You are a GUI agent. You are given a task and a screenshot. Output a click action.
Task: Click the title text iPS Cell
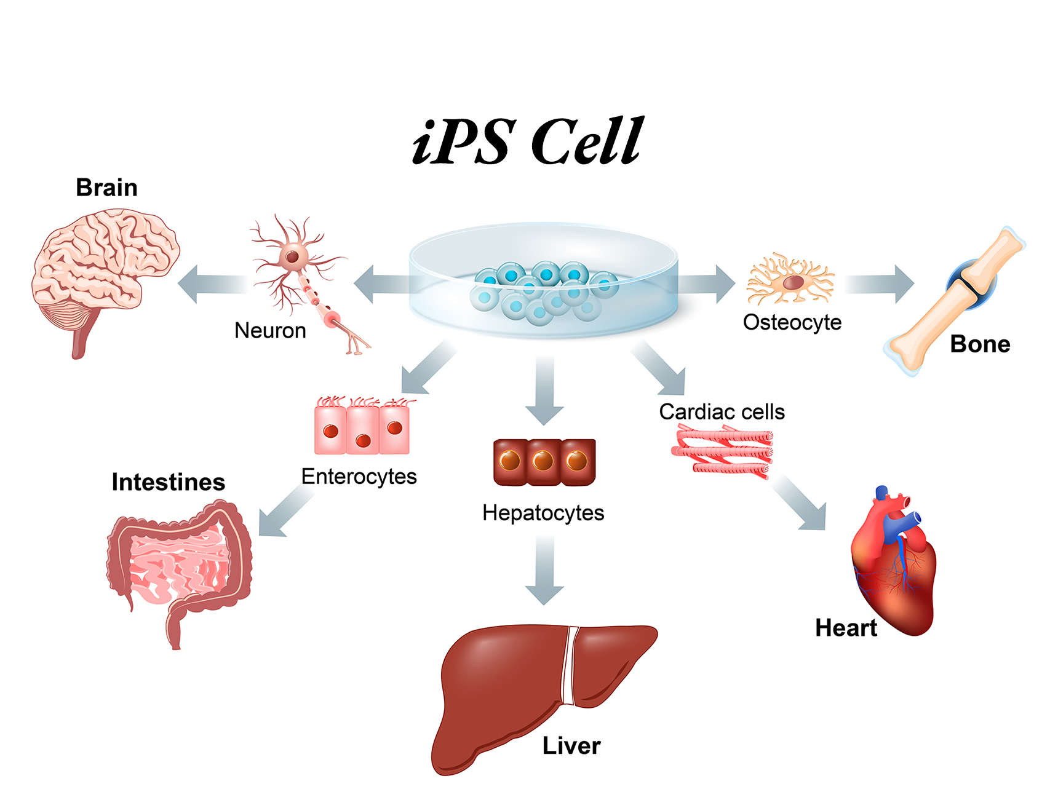(528, 141)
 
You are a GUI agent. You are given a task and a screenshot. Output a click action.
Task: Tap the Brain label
(106, 188)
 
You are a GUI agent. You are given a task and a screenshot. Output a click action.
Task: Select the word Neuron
(270, 331)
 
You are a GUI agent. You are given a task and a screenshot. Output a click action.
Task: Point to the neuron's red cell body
(292, 255)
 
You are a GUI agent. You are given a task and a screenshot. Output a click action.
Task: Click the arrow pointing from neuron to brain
(213, 284)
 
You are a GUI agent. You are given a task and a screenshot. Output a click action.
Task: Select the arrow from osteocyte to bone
(880, 284)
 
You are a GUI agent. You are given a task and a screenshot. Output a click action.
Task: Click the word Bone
(980, 344)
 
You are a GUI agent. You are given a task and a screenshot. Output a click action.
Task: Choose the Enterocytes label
(359, 477)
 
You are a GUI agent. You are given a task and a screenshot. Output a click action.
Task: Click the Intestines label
(169, 482)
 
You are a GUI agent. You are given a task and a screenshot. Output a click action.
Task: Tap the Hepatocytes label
(543, 513)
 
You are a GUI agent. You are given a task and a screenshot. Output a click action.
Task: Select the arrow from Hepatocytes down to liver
(544, 570)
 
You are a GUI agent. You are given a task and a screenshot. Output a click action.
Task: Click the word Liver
(571, 746)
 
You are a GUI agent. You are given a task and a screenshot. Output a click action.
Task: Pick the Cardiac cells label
(722, 412)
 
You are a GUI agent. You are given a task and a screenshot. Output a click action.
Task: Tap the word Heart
(846, 628)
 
